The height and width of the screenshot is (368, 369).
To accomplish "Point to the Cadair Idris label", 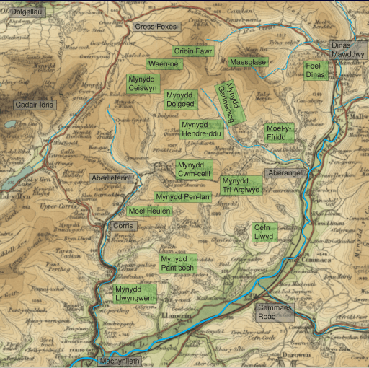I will (x=34, y=105).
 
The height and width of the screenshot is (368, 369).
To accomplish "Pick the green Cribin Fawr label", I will (x=192, y=51).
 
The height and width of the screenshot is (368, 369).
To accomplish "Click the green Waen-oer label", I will (x=165, y=64).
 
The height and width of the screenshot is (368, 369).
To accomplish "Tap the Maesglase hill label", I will (x=247, y=63).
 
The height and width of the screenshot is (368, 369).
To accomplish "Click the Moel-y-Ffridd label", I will (x=280, y=133).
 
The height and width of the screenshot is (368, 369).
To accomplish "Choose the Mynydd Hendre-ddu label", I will (x=201, y=129).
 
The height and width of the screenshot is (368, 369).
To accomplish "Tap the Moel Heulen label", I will (x=149, y=211).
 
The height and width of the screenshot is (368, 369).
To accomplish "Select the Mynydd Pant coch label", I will (x=177, y=263).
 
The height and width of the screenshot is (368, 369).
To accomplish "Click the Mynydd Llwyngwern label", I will (x=135, y=294).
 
